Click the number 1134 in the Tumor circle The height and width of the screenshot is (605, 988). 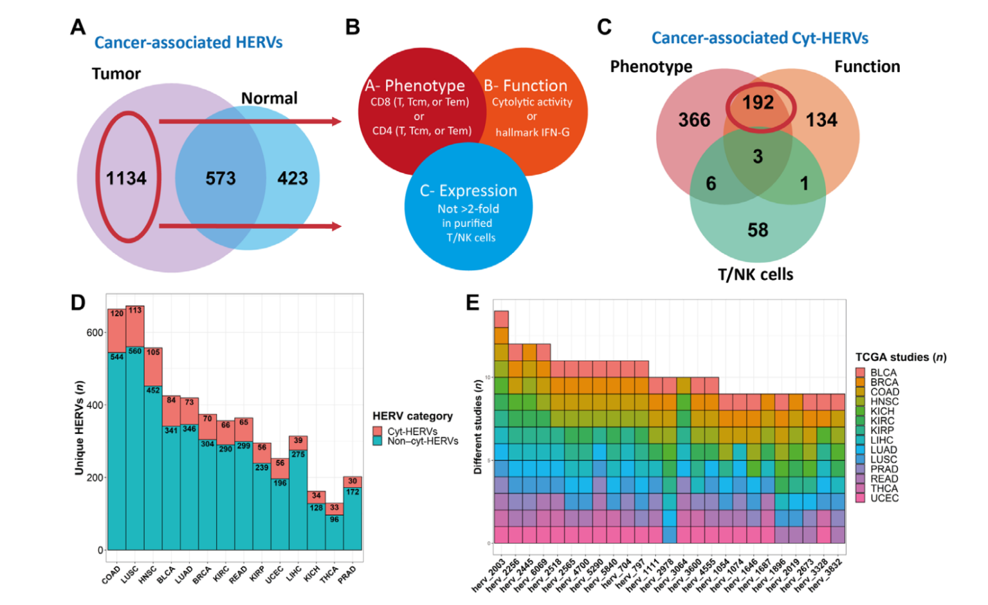[x=126, y=178]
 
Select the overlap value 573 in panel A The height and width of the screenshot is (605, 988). [x=221, y=178]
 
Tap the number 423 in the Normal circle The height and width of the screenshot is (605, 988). [x=292, y=178]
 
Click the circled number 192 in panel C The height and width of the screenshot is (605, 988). [x=758, y=103]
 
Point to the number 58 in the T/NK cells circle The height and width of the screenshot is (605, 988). [x=757, y=230]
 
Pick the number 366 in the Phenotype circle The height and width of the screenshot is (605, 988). [x=694, y=120]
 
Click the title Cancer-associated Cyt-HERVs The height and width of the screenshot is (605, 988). [x=760, y=38]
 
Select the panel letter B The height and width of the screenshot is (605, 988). [x=352, y=27]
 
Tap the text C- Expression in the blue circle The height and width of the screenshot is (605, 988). [x=468, y=191]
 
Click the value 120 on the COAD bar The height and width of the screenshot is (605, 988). [x=116, y=314]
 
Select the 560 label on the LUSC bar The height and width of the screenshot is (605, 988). [x=134, y=352]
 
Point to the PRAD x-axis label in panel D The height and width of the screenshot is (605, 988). [x=347, y=573]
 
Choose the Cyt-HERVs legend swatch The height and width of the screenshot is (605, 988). [x=378, y=431]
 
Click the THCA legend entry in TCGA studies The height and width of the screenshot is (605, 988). [x=884, y=489]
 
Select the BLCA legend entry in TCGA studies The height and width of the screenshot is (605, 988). [x=883, y=373]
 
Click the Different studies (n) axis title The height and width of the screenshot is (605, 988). [x=478, y=427]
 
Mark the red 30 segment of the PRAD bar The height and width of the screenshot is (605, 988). [x=352, y=482]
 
